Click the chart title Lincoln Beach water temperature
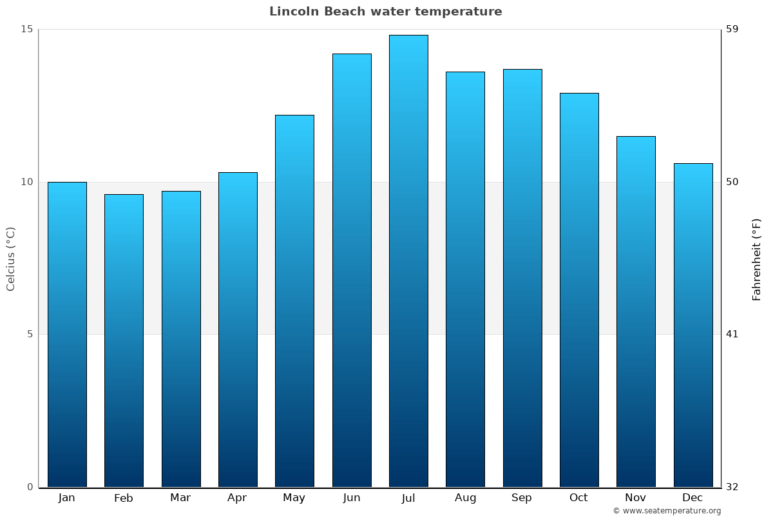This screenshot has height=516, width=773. [385, 12]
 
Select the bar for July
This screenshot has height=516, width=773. [408, 261]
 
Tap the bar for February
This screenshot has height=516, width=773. [124, 341]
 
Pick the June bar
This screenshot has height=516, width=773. [352, 270]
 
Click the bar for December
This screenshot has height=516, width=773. [693, 325]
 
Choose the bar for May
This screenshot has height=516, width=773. [294, 301]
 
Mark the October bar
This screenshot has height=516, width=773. [579, 290]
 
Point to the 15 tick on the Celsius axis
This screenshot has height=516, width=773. [26, 29]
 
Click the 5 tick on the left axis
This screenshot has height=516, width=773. [30, 334]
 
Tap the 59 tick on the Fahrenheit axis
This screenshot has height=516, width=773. [732, 29]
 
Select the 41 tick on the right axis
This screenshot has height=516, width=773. [732, 334]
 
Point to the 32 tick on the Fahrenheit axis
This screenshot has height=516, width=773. [732, 487]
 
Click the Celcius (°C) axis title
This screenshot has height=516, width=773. [11, 259]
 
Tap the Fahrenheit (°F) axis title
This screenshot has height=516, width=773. [757, 259]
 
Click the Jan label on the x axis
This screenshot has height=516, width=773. [66, 498]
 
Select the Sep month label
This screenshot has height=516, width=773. [522, 498]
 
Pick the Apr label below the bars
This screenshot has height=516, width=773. [237, 498]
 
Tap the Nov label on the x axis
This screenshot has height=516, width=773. [636, 498]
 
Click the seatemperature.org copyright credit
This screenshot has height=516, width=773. [667, 511]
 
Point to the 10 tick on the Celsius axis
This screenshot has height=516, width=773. [26, 182]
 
